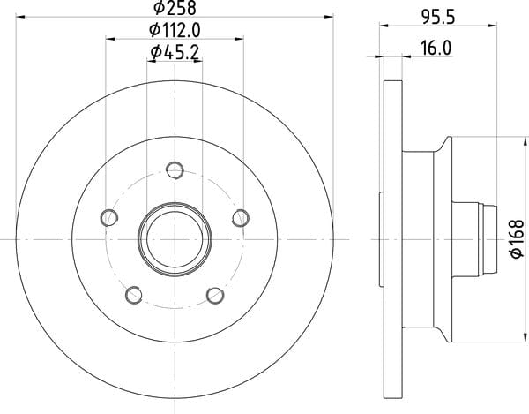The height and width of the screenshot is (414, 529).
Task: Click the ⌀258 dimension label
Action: click(x=175, y=7)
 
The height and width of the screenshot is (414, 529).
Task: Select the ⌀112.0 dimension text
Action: click(x=175, y=30)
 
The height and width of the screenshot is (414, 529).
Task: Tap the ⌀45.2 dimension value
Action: click(x=175, y=52)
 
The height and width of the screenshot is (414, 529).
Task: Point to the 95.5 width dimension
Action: click(x=438, y=17)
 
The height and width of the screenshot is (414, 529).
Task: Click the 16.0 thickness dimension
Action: click(x=436, y=49)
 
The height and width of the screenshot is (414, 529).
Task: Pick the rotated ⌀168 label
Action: click(x=518, y=238)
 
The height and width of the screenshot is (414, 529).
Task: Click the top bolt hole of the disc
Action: click(x=175, y=169)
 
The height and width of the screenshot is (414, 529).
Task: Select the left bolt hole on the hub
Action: click(x=109, y=217)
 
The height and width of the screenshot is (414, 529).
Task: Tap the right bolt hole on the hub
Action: click(x=241, y=218)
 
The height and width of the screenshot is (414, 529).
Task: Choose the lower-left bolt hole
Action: click(x=134, y=295)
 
